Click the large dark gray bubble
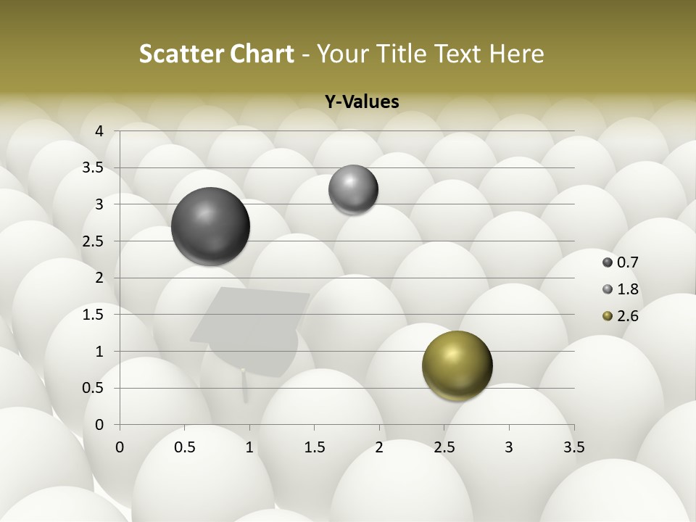click(211, 226)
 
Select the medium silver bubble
click(353, 189)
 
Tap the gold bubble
click(457, 365)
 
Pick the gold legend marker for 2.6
click(608, 316)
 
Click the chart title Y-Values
click(362, 102)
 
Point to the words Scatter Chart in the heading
click(216, 54)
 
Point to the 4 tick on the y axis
click(100, 131)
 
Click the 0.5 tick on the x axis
click(185, 447)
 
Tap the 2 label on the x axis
click(379, 447)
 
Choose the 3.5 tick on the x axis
click(573, 447)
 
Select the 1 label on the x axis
click(249, 447)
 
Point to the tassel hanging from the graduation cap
click(244, 384)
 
